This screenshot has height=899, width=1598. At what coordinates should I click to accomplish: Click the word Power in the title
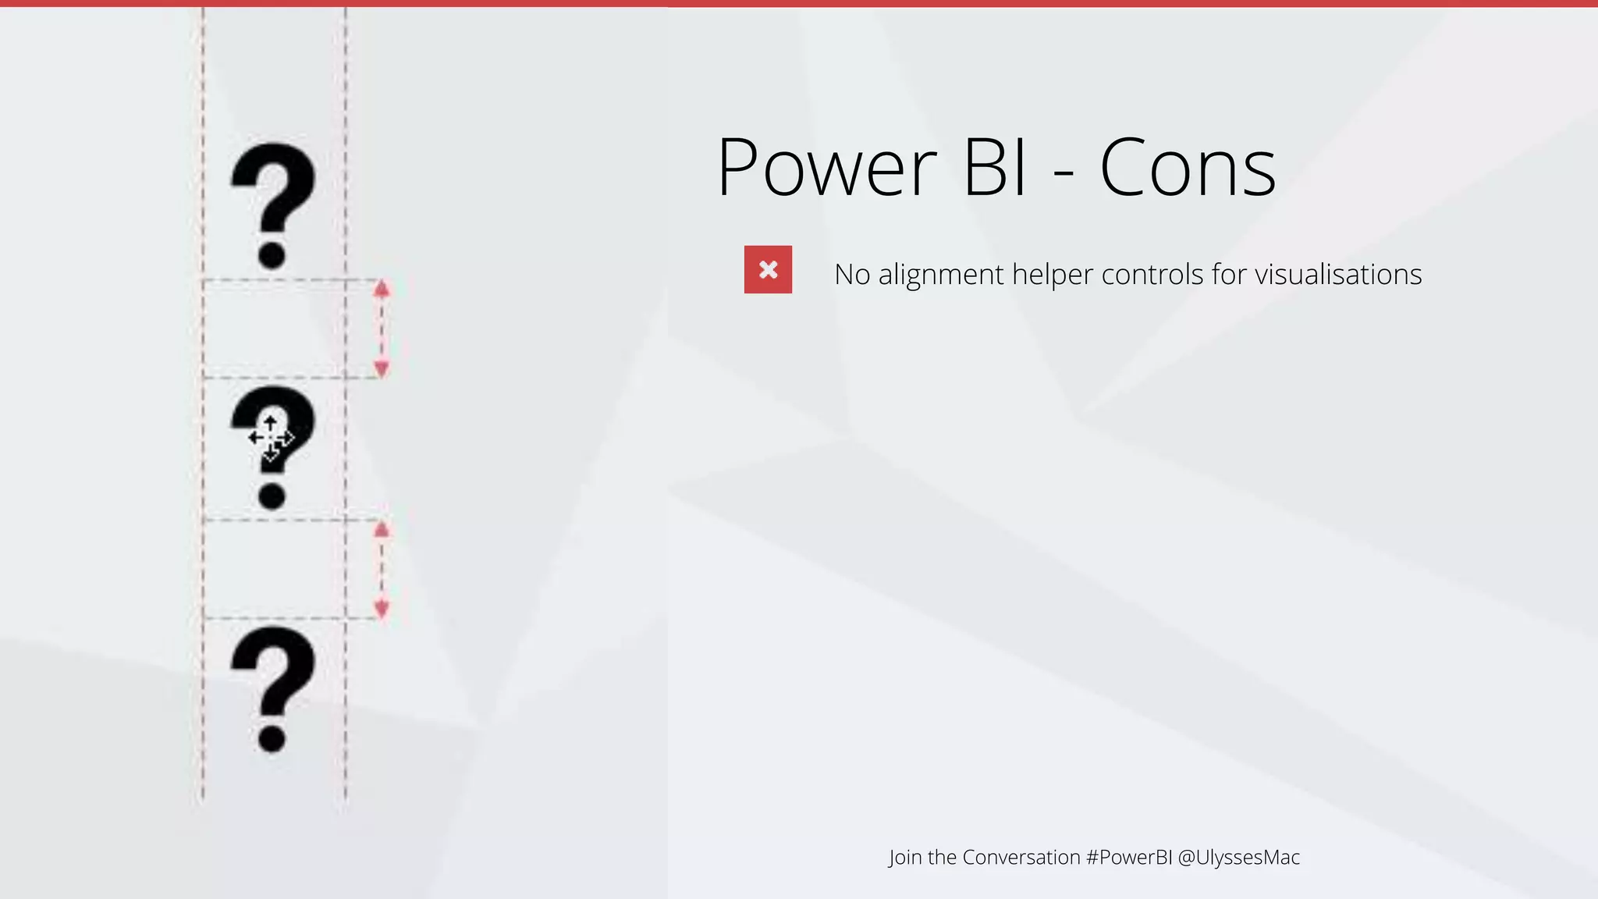pos(827,168)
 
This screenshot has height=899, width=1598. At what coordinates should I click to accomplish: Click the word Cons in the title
pos(1188,168)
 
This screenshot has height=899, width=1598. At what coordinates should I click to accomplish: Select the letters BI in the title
pos(995,168)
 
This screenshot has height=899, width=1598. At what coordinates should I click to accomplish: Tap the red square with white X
pos(768,270)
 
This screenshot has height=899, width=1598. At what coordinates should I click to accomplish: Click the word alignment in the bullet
pos(940,275)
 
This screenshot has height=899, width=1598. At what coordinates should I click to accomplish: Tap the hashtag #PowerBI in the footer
pos(1129,857)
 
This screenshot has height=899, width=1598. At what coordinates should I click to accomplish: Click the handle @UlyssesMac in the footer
pos(1238,857)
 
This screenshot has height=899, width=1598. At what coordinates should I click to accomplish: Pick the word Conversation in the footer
pos(1021,857)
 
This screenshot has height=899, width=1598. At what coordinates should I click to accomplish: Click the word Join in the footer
pos(905,857)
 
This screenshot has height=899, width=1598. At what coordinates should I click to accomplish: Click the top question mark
pos(272,187)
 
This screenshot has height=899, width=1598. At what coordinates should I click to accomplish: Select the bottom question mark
pos(272,671)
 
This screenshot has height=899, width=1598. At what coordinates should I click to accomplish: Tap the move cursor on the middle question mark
pos(270,438)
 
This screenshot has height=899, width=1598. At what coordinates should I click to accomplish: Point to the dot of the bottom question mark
pos(272,737)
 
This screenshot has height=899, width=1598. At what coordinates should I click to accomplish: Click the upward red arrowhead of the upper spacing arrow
pos(382,290)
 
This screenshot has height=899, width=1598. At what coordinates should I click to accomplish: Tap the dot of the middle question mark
pos(272,496)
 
